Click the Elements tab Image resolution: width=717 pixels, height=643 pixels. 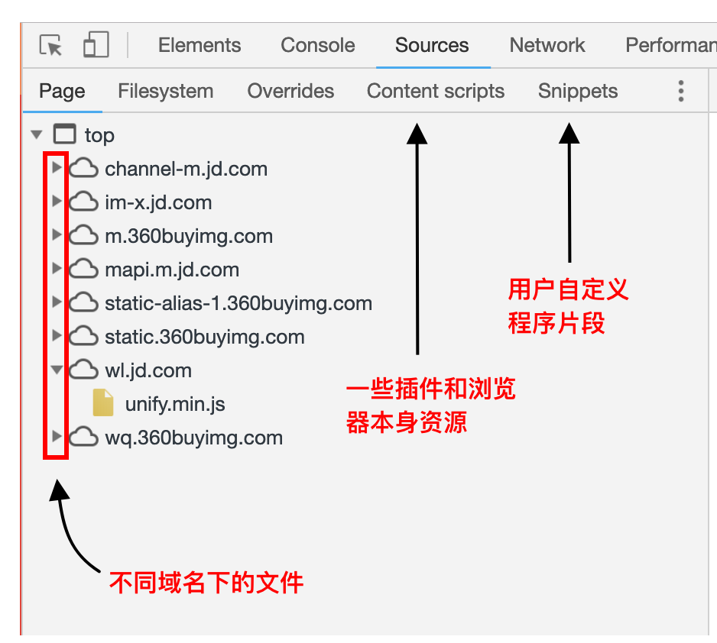pyautogui.click(x=200, y=45)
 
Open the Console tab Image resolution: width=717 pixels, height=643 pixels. pyautogui.click(x=318, y=45)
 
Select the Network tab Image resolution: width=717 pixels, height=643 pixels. pyautogui.click(x=547, y=45)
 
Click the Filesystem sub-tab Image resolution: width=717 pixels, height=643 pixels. pyautogui.click(x=166, y=91)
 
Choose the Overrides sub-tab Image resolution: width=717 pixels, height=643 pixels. pyautogui.click(x=290, y=91)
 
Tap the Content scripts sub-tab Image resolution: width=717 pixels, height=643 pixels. pyautogui.click(x=436, y=91)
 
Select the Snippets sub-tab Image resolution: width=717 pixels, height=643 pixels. pyautogui.click(x=578, y=91)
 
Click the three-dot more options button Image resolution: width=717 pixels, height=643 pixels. pyautogui.click(x=681, y=91)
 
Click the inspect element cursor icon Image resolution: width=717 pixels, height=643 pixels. pyautogui.click(x=50, y=45)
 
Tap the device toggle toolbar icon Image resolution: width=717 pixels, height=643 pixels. pyautogui.click(x=96, y=44)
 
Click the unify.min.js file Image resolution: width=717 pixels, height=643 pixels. pyautogui.click(x=175, y=404)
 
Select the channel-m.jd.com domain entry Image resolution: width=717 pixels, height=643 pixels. pyautogui.click(x=186, y=169)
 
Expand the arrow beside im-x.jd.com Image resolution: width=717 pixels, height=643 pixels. pyautogui.click(x=57, y=201)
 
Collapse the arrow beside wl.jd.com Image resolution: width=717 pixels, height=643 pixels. pyautogui.click(x=57, y=370)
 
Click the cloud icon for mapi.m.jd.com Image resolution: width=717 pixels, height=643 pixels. pyautogui.click(x=83, y=269)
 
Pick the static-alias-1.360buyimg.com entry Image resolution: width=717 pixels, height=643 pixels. pyautogui.click(x=238, y=303)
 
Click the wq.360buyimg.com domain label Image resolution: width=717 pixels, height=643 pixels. pyautogui.click(x=194, y=438)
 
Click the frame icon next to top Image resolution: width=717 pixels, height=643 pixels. pyautogui.click(x=65, y=134)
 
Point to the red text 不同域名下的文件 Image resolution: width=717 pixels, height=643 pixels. pyautogui.click(x=206, y=583)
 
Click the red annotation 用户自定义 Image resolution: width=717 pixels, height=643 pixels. pyautogui.click(x=569, y=289)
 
